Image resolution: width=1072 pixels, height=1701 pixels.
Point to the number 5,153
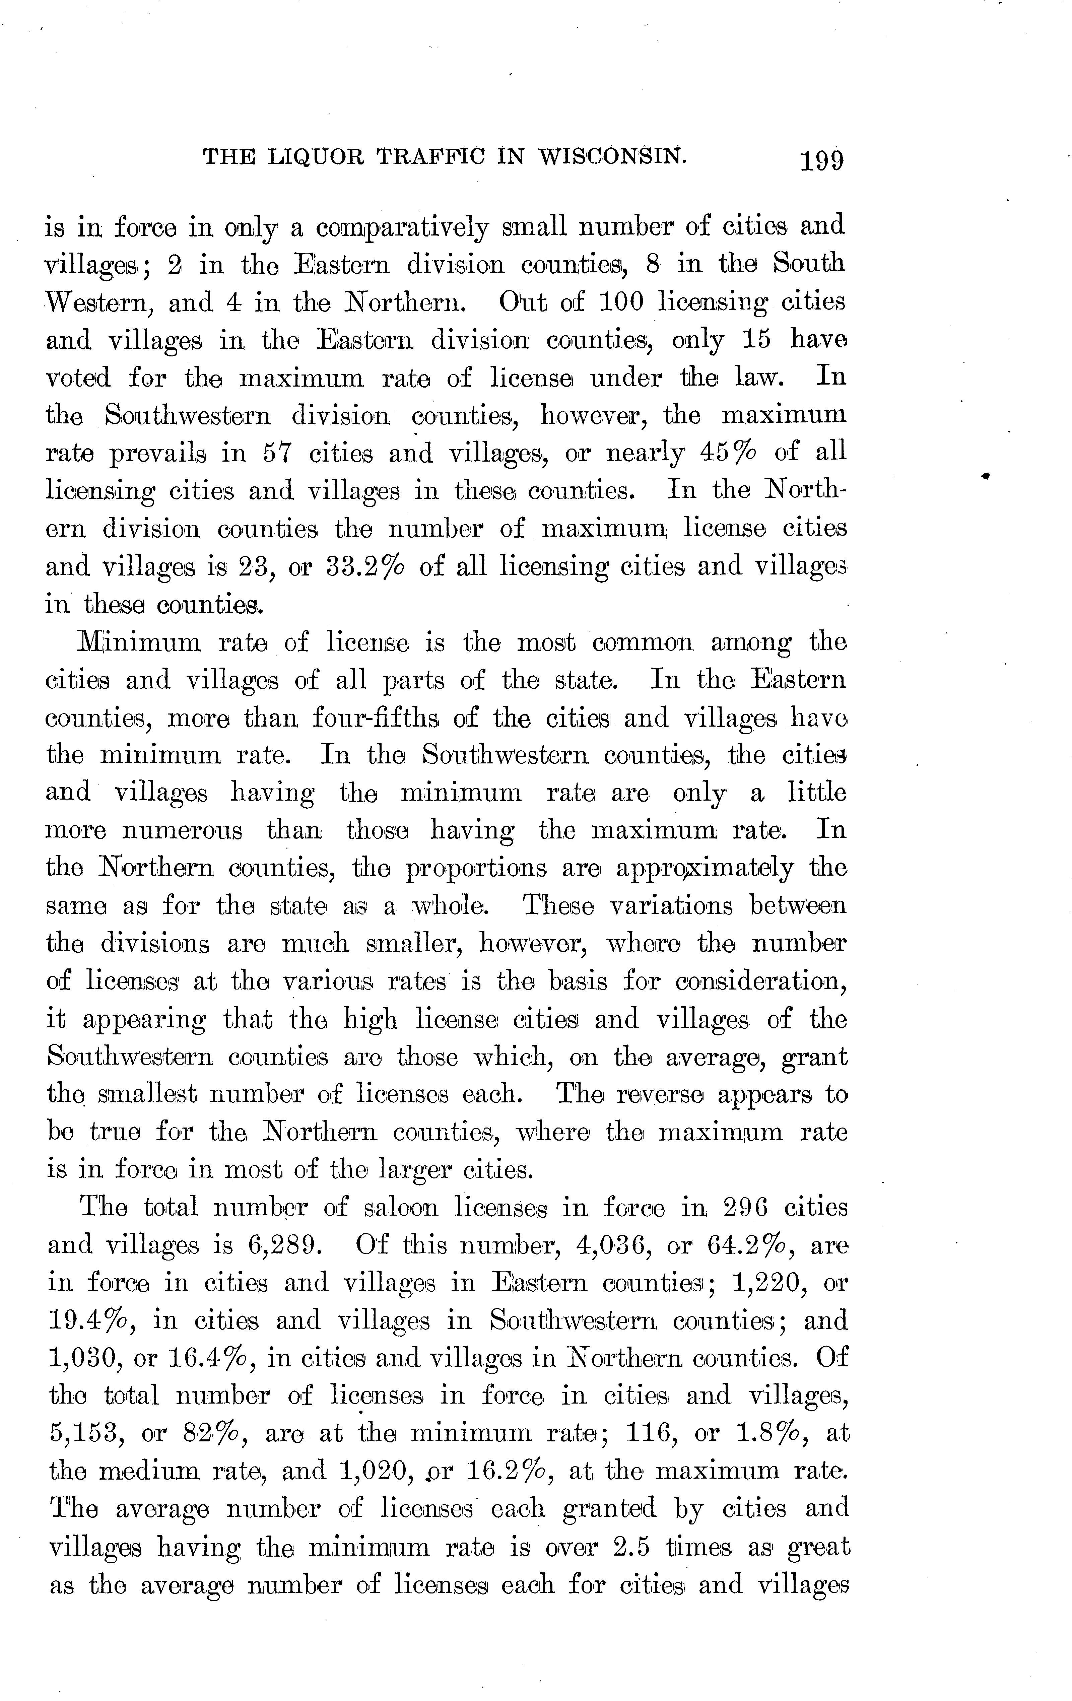pos(88,1434)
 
